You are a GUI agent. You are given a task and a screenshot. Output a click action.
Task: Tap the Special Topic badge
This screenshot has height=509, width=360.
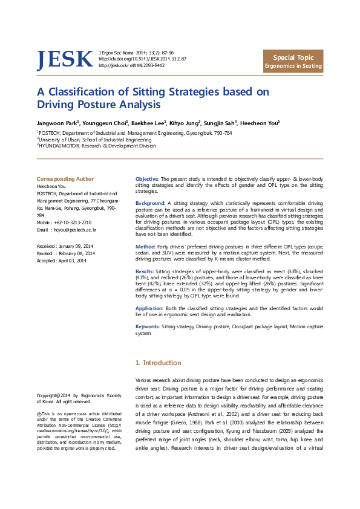[x=293, y=61]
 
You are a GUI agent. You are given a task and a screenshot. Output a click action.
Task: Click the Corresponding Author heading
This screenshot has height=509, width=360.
[x=65, y=179]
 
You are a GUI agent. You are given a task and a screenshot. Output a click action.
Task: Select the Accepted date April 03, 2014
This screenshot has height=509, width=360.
[x=71, y=261]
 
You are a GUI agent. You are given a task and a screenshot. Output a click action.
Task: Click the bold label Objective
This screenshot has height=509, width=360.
[x=147, y=180]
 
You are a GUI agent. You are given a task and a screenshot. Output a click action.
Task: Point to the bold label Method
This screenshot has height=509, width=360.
[x=146, y=247]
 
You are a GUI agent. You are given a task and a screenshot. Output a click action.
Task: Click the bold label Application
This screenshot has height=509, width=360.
[x=149, y=308]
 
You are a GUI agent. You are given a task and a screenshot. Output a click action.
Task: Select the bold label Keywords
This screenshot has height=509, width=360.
[x=148, y=326]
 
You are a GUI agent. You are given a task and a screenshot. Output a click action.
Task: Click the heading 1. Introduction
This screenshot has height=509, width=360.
[x=158, y=363]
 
